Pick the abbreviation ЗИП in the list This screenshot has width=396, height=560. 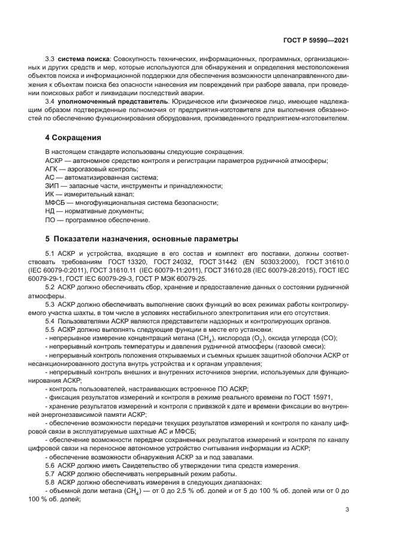pyautogui.click(x=52, y=186)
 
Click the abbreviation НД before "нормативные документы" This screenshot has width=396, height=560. pyautogui.click(x=50, y=211)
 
